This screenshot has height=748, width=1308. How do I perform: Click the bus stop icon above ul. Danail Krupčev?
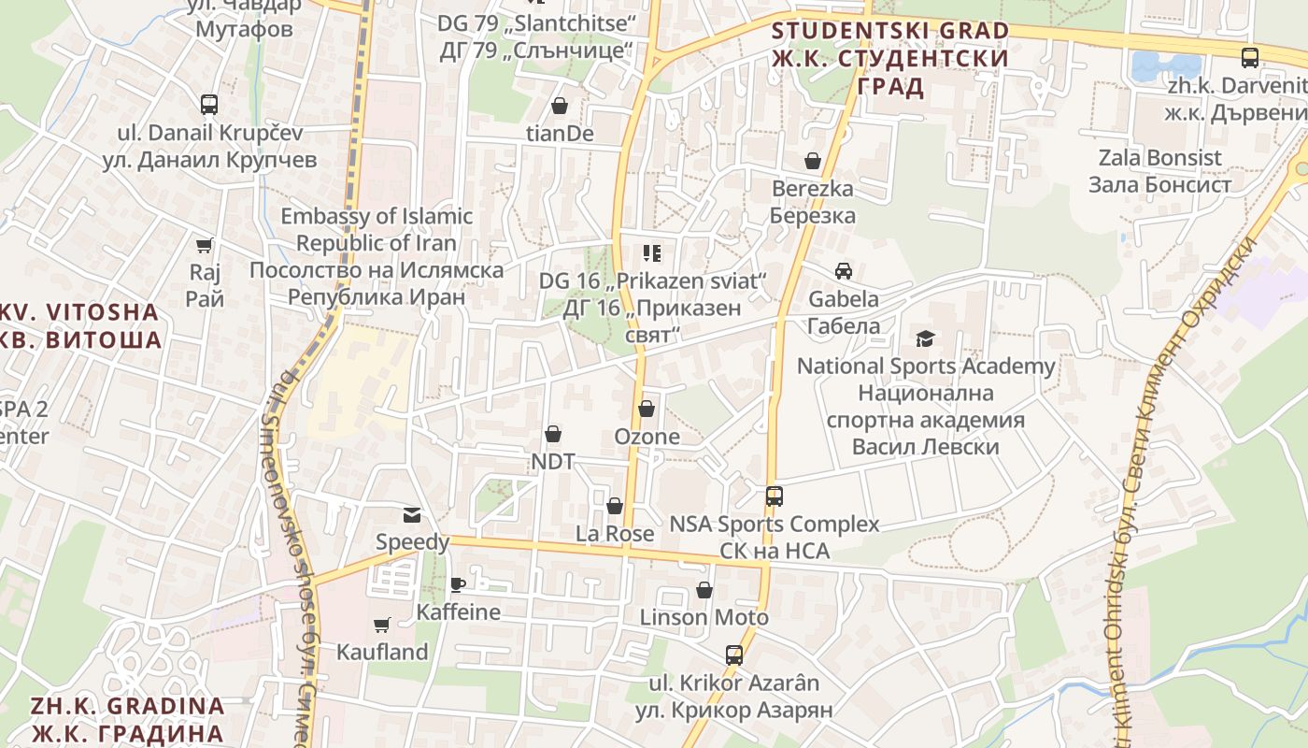[x=209, y=104]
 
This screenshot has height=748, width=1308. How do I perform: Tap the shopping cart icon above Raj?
[x=205, y=246]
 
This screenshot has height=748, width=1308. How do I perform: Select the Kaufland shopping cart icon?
[x=381, y=625]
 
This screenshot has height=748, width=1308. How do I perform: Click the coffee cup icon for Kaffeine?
[x=457, y=585]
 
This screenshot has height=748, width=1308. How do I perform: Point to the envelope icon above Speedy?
[x=411, y=514]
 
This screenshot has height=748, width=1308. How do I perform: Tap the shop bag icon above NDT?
[x=553, y=434]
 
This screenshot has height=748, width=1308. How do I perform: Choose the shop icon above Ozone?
[x=646, y=409]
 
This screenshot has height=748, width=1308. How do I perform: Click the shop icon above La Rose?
[x=614, y=506]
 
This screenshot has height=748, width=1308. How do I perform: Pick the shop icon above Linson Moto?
[x=704, y=590]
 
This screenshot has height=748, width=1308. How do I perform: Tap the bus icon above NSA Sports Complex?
[x=774, y=496]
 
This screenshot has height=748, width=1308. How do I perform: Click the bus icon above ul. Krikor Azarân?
[x=734, y=654]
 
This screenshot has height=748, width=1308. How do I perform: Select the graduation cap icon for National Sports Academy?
[x=925, y=338]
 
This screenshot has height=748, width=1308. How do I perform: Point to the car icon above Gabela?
[x=844, y=271]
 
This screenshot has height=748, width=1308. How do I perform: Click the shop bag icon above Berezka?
[x=813, y=161]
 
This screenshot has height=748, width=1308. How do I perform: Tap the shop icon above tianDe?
[x=560, y=106]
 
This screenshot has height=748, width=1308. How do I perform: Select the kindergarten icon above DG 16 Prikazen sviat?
[x=652, y=252]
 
